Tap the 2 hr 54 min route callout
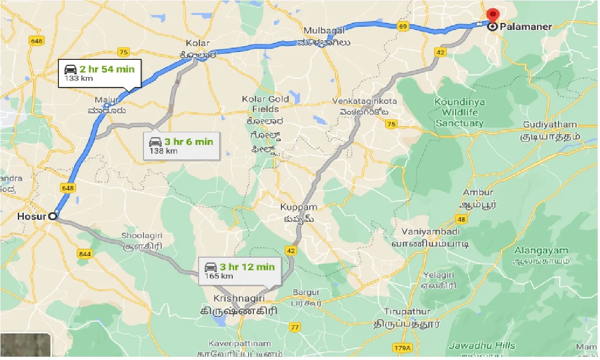[x=99, y=73]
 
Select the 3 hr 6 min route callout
[x=181, y=145]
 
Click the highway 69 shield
[x=403, y=26]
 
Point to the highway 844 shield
[x=86, y=253]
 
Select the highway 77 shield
[x=294, y=327]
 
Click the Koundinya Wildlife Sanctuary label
[x=459, y=113]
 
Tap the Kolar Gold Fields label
[x=266, y=104]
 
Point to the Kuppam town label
[x=299, y=207]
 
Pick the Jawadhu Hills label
[x=482, y=346]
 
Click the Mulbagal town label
[x=324, y=31]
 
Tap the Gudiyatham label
[x=550, y=125]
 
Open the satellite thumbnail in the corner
[x=25, y=346]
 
